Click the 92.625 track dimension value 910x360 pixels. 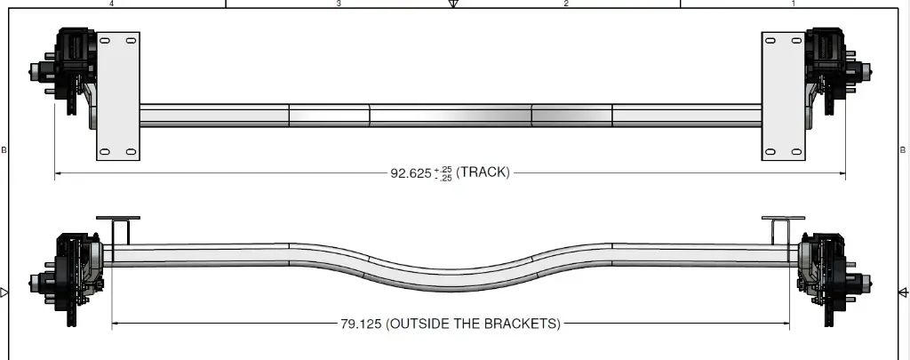point(411,173)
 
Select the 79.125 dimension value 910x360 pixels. point(360,324)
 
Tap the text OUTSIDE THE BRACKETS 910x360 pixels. point(473,324)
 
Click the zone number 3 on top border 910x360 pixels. point(339,4)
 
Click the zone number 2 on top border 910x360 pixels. point(566,4)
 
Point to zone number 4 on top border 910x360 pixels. point(111,4)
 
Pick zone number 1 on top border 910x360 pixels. point(794,4)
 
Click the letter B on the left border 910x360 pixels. point(4,150)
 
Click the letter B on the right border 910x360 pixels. point(904,150)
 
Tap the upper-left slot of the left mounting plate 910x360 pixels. point(106,42)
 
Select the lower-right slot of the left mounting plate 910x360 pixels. point(131,152)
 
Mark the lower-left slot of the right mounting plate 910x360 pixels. point(770,152)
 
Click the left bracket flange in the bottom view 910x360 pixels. point(118,219)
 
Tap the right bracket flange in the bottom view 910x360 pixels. point(783,219)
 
